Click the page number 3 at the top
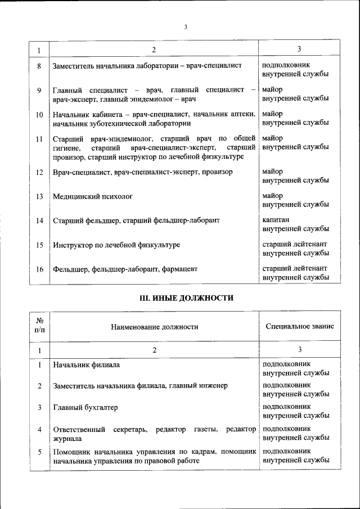pyautogui.click(x=185, y=26)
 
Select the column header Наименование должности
pyautogui.click(x=154, y=326)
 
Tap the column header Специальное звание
pyautogui.click(x=300, y=326)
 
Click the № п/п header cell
pyautogui.click(x=39, y=326)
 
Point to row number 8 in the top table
pyautogui.click(x=39, y=66)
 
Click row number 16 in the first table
pyautogui.click(x=39, y=269)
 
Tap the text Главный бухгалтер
pyautogui.click(x=85, y=408)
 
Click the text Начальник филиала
pyautogui.click(x=86, y=365)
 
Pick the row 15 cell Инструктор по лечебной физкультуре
pyautogui.click(x=116, y=246)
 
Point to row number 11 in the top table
pyautogui.click(x=39, y=138)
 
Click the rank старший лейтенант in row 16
pyautogui.click(x=295, y=268)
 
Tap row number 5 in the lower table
pyautogui.click(x=39, y=452)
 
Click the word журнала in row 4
pyautogui.click(x=67, y=438)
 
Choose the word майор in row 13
pyautogui.click(x=273, y=195)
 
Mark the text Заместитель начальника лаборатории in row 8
pyautogui.click(x=115, y=66)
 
